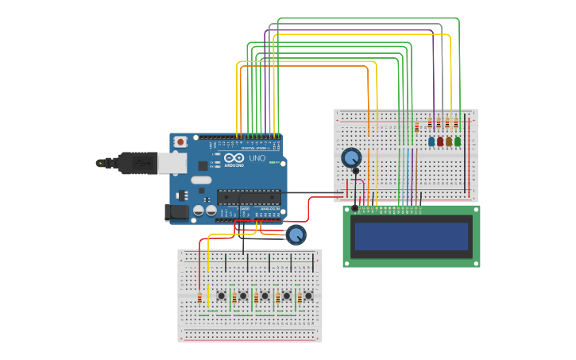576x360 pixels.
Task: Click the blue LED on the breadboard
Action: (431, 141)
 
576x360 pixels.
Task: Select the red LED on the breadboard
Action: (440, 141)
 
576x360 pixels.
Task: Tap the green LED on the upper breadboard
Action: (458, 141)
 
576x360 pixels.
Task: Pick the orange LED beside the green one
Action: (449, 141)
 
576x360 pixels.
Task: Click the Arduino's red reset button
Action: (180, 141)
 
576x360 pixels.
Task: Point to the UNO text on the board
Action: (257, 158)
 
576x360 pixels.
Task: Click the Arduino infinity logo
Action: (233, 158)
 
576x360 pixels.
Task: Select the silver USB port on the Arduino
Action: (171, 163)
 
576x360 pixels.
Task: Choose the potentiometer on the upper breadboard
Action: (351, 157)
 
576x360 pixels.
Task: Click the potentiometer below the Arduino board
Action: (296, 234)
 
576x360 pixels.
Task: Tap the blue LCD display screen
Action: (412, 236)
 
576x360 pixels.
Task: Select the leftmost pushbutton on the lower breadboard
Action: (221, 296)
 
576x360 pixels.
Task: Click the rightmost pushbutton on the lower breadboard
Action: (308, 296)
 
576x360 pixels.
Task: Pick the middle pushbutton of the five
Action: (265, 296)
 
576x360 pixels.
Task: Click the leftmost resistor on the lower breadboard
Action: (199, 298)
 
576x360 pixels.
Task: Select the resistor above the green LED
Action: (456, 123)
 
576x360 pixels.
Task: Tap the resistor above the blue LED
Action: (430, 123)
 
